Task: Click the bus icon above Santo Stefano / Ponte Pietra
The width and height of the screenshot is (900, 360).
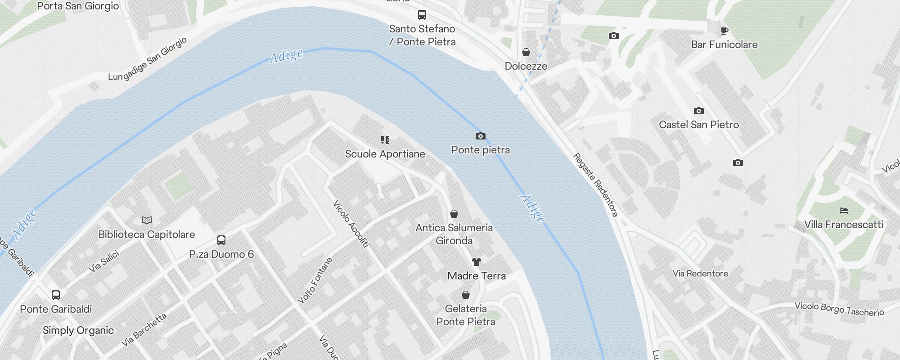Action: point(422,15)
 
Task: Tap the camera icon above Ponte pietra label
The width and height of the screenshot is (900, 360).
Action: point(481,136)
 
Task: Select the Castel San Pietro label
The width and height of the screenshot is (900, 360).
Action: point(699,125)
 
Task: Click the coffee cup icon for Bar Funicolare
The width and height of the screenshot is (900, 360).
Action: point(724,31)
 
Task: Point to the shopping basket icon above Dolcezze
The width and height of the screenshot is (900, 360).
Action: point(526,52)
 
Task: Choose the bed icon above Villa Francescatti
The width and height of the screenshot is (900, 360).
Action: point(844,210)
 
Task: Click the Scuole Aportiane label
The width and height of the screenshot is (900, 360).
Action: point(385,154)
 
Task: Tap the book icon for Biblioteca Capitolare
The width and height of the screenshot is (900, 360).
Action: point(147,220)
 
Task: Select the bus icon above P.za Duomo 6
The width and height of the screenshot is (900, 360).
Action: point(221,240)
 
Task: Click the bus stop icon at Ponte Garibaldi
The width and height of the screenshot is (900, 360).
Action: point(56,295)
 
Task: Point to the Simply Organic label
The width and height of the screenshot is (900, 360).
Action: point(78,330)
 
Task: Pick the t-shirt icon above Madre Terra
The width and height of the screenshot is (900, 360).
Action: point(477,261)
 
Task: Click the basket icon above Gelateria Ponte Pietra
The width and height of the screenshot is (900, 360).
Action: point(466,295)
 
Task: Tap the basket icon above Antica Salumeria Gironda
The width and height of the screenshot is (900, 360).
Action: point(454,213)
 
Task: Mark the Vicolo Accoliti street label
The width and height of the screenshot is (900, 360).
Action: point(351,224)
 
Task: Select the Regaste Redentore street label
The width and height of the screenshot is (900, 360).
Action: point(596,185)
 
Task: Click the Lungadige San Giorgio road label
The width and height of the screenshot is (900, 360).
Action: point(148,59)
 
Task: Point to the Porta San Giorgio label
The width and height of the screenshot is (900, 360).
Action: point(78,6)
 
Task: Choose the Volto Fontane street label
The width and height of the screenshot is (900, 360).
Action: point(315,280)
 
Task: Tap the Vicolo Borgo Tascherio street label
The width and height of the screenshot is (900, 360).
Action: point(839,309)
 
